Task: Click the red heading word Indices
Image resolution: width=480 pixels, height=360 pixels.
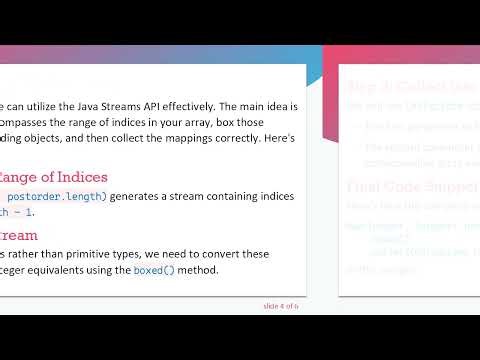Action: coord(74,177)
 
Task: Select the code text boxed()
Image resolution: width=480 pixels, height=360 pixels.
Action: coord(154,271)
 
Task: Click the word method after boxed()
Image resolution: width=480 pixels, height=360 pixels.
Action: coord(200,271)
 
